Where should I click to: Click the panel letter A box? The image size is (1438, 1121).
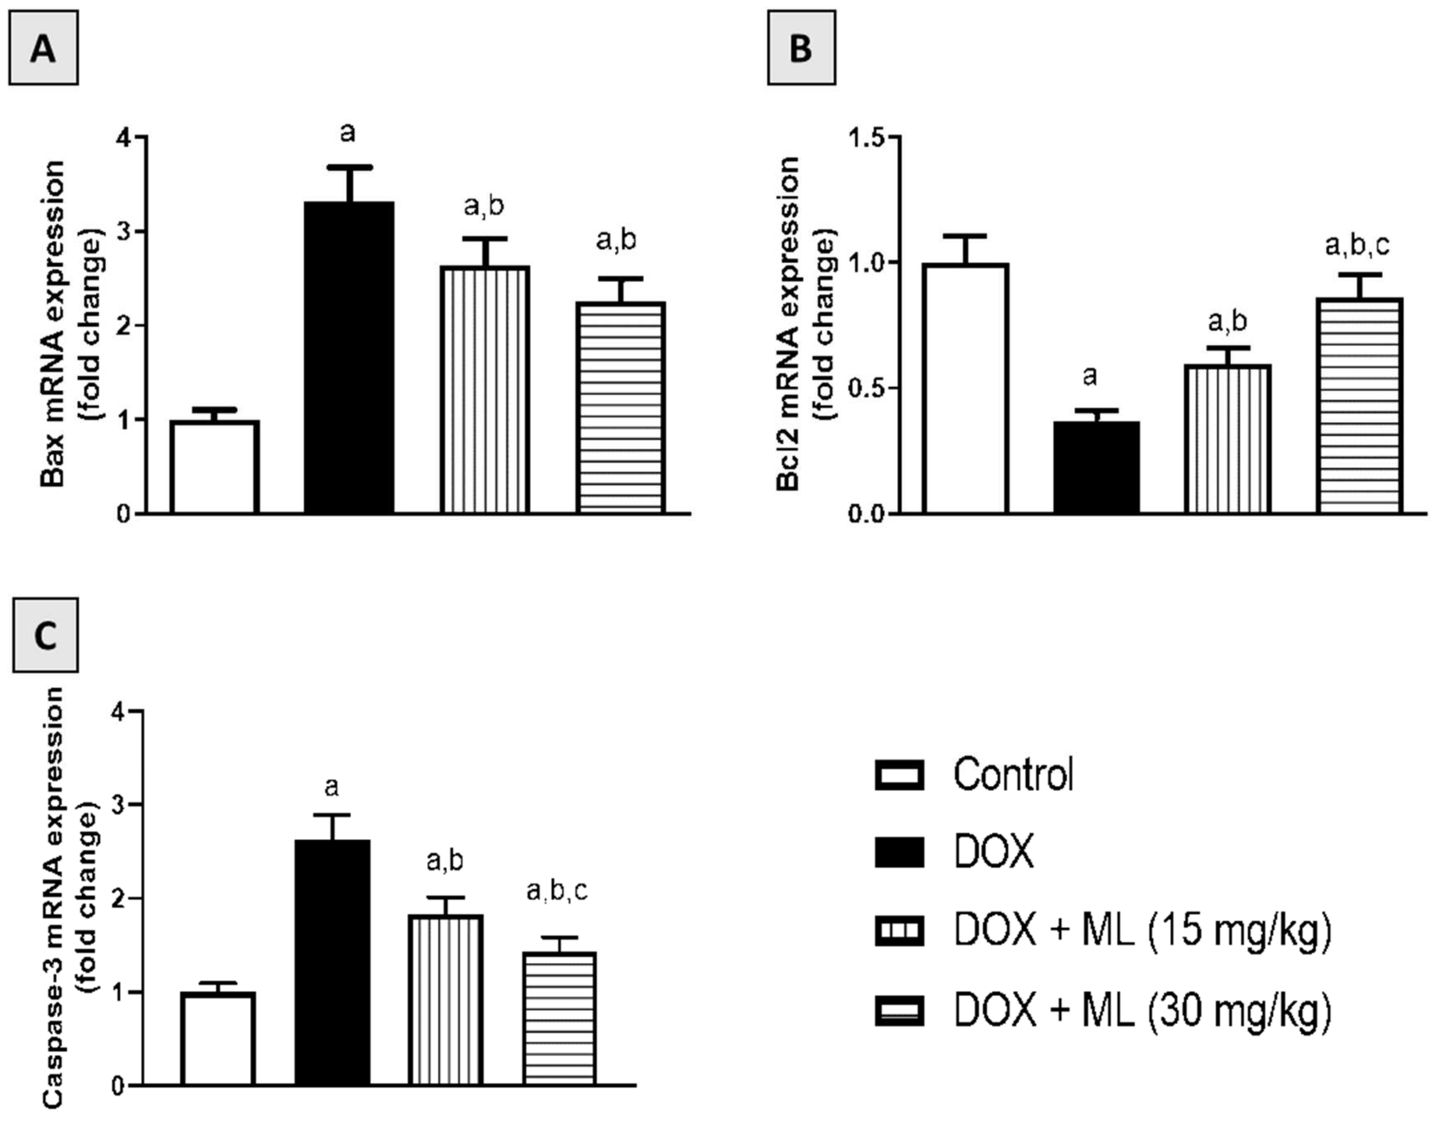(44, 48)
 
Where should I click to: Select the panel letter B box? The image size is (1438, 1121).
(801, 48)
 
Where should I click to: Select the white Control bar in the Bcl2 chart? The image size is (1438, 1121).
(965, 388)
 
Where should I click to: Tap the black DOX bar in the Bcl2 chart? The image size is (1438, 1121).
(1096, 467)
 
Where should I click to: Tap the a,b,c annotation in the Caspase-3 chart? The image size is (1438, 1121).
(557, 891)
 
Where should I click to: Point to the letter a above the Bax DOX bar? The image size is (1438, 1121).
(348, 133)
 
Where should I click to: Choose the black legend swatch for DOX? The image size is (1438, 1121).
(899, 852)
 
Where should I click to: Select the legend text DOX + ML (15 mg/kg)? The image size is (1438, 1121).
(1142, 931)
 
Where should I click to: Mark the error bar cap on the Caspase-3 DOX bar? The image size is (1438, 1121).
(332, 815)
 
